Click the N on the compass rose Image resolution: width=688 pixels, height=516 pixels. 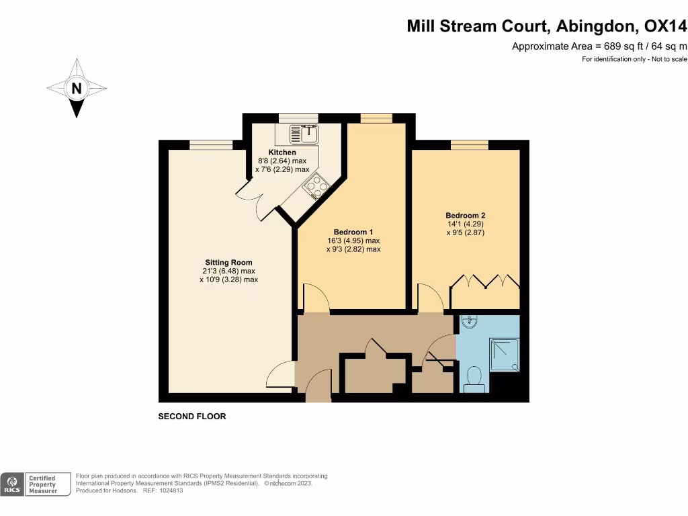pos(77,89)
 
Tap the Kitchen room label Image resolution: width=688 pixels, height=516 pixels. pos(282,153)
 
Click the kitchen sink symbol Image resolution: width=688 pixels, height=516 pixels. pos(304,134)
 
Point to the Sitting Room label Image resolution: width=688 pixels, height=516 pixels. pos(228,263)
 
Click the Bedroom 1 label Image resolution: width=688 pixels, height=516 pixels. pos(353,232)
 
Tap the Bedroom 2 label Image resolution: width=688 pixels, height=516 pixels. pos(466,216)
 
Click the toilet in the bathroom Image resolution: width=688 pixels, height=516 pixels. pos(474,380)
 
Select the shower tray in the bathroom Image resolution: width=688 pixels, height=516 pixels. pos(505,355)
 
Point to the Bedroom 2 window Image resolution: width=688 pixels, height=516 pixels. pos(470,145)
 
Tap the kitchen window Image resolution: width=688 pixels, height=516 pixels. pos(298,118)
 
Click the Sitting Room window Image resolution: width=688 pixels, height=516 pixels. pos(211,145)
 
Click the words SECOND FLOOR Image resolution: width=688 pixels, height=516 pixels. pos(192,417)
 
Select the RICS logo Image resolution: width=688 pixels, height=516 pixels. pos(12,484)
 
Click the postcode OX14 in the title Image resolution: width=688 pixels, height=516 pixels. pos(665,26)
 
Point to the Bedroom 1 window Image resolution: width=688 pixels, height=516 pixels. pos(376,118)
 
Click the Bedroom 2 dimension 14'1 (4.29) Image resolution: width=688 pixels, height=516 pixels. pos(466,224)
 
